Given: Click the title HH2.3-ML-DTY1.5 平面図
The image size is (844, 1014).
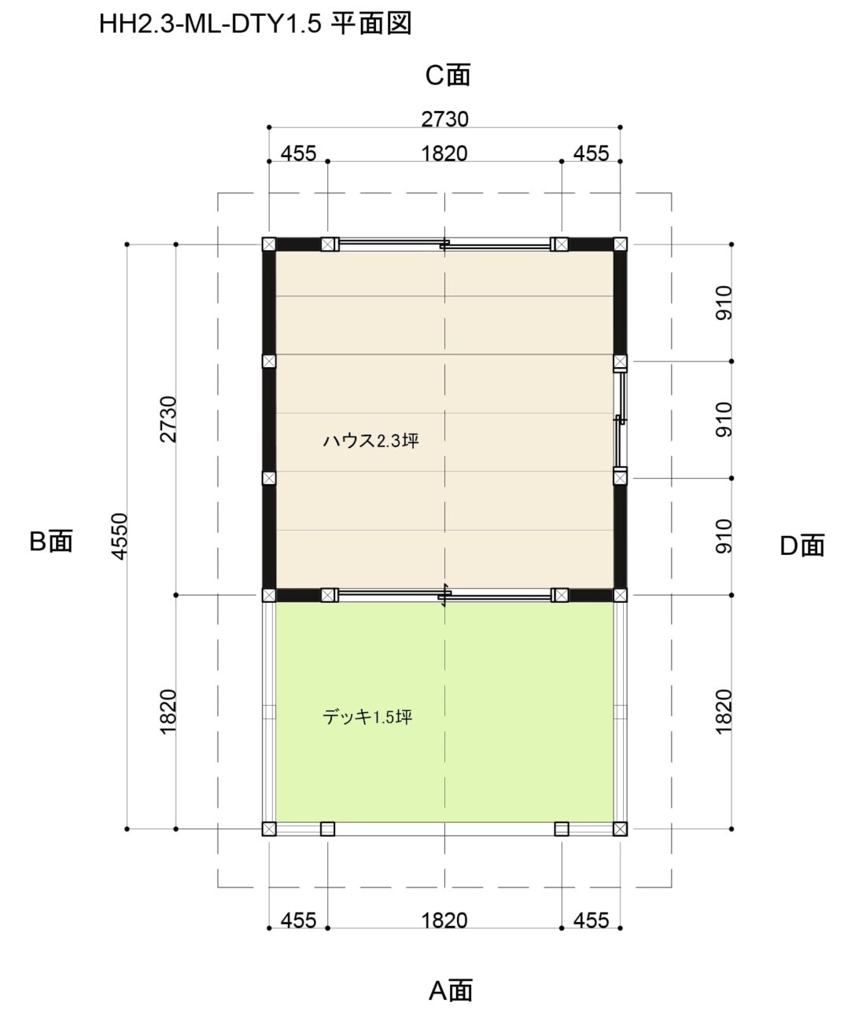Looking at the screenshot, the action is coord(255,24).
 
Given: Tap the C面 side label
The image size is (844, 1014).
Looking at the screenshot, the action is coord(448,75).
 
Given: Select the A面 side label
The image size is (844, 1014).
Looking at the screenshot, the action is coord(450,990).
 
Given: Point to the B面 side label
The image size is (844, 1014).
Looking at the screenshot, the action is coord(51,541).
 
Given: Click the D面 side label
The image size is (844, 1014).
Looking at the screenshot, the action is coord(802,546).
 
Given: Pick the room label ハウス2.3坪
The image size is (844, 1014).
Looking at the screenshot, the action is coord(370,441).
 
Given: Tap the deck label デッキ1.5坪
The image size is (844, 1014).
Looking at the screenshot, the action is coord(367,717).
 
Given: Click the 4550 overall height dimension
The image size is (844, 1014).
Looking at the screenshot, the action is coord(120,536).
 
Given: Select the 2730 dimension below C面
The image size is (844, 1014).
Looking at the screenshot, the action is coord(444,119).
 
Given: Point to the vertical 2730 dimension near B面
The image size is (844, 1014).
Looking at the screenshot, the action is coord(168,419).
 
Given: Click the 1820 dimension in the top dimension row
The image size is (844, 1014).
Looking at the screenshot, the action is coord(444,153).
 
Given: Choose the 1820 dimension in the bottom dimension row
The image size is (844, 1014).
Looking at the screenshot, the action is coord(444,920).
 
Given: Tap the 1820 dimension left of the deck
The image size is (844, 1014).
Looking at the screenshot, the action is coord(168,711).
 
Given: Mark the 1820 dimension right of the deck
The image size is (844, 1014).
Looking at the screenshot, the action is coord(724,711).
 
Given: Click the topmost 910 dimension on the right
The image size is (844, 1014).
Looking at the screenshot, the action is coord(724,303).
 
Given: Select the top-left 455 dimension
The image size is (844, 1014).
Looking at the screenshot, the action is coord(298,153).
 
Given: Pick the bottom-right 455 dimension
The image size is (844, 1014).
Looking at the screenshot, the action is coord(591,920).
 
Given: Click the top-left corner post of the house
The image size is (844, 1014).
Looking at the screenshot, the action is coord(269,244).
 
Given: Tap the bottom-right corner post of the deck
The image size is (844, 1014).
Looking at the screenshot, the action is coord(620,828).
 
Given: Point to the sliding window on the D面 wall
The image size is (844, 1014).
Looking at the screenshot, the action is coord(620,420).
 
